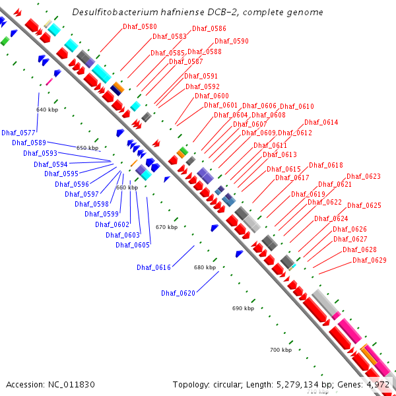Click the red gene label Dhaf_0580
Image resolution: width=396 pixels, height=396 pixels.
point(140,26)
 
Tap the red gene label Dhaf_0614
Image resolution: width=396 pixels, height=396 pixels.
point(321,122)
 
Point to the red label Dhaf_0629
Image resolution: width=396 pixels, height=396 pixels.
point(369,260)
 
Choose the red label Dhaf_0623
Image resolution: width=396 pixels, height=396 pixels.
point(364,176)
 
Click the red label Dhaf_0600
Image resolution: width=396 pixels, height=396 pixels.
point(212,96)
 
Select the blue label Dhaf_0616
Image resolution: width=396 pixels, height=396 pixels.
point(154,267)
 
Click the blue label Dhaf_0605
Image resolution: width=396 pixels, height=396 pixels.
point(133,245)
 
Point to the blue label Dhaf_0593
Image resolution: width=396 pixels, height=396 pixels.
point(40,153)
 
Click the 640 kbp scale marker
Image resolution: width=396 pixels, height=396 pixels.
point(48,110)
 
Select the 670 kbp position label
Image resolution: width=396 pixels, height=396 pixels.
point(166,227)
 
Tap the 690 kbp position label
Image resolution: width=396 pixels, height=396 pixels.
point(243,308)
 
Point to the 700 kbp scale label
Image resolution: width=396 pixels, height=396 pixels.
point(280,350)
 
